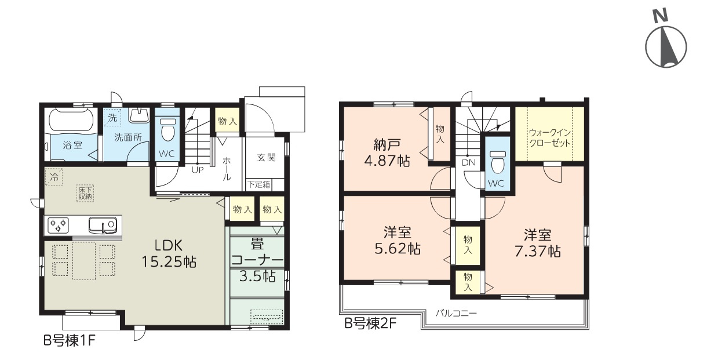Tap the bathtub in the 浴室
(72, 119)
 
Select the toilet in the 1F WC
(167, 129)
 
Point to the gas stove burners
(58, 224)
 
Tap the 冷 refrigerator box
(53, 177)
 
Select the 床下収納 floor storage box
(85, 193)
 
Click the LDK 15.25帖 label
(169, 254)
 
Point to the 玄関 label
(266, 158)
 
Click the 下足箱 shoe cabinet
(258, 184)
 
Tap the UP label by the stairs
(198, 170)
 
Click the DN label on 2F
(468, 162)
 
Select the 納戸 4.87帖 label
(387, 152)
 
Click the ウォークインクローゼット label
(550, 137)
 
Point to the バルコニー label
(456, 313)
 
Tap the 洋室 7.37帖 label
(538, 243)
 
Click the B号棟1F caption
(70, 340)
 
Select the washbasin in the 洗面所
(139, 115)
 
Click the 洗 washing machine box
(112, 118)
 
